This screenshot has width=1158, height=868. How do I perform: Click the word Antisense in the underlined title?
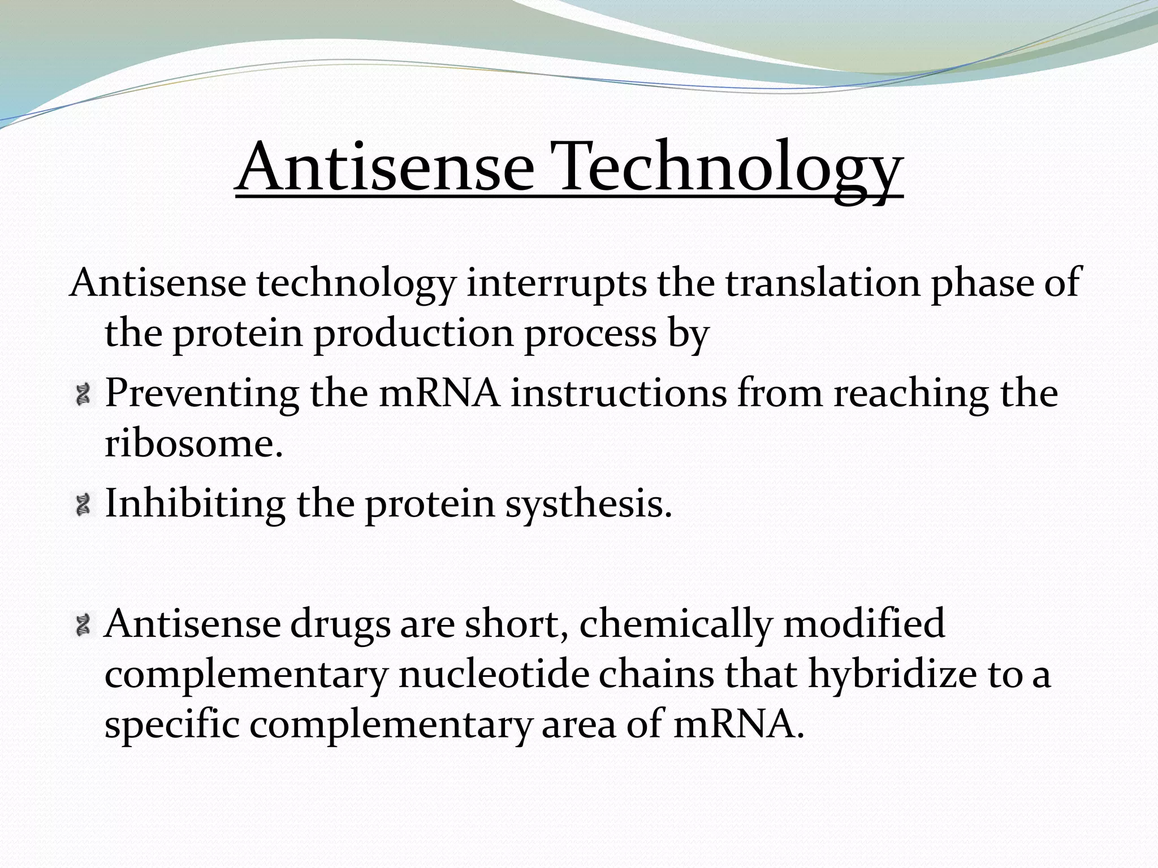(384, 167)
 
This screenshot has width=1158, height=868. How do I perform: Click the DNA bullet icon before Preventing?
(84, 394)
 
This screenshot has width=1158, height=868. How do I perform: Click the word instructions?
(619, 393)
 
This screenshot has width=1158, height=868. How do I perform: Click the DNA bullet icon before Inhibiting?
(84, 504)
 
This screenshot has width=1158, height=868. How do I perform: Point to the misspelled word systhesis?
(588, 504)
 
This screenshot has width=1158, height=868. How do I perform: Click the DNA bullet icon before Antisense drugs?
(84, 624)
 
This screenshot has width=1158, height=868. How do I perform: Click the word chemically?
(675, 625)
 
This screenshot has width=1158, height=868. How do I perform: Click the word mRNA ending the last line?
(738, 726)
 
